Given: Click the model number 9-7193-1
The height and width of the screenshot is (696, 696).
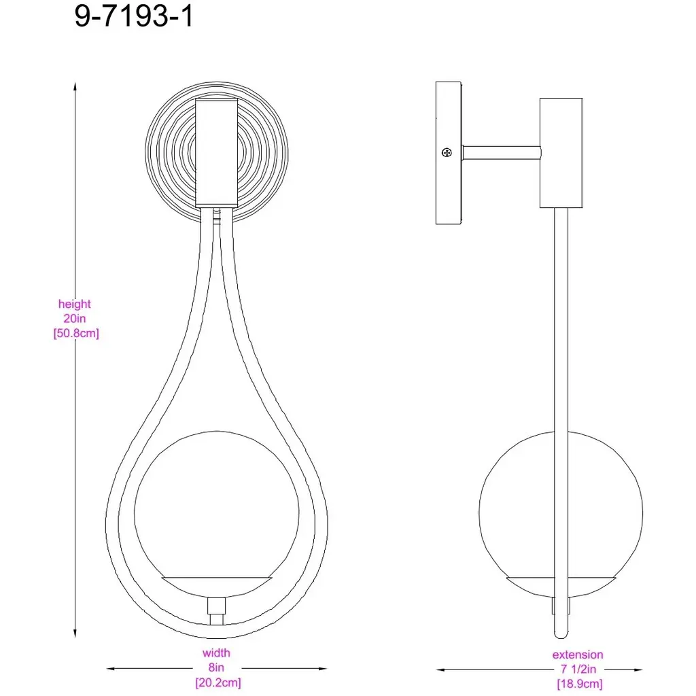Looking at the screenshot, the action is pos(134,16).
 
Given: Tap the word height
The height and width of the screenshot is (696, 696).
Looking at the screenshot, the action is pos(75,304).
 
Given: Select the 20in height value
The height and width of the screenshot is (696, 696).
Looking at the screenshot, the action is pos(75,318).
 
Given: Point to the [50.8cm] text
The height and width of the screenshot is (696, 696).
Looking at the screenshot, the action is pos(76,333).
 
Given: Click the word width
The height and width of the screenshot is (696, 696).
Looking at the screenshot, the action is pos(216,653).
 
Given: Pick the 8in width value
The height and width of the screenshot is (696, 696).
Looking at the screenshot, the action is pos(216,667).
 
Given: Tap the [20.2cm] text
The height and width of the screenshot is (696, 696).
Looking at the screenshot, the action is pos(218,682).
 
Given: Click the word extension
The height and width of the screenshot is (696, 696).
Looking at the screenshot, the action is pos(578,655).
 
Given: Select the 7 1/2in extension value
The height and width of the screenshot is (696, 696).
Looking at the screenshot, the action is pos(578,669).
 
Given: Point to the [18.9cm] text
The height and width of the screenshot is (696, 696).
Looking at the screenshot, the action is pos(580,684).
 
